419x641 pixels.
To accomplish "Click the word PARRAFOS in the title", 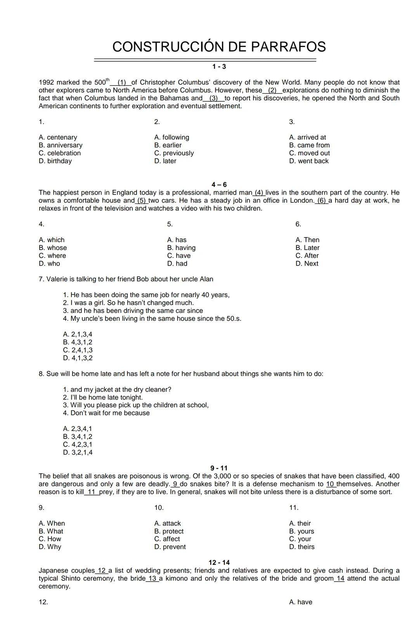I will click(x=288, y=47).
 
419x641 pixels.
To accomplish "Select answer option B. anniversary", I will click(x=61, y=145).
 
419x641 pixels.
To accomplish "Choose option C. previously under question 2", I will click(x=174, y=153).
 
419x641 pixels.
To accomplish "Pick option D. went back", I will click(x=308, y=161).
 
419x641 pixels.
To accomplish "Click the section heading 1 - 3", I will click(x=219, y=67).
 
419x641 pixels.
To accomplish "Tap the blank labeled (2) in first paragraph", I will click(x=272, y=90).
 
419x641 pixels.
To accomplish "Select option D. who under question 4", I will click(x=49, y=264).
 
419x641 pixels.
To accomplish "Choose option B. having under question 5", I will click(x=181, y=248).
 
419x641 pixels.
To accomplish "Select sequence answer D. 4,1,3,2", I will click(x=78, y=358).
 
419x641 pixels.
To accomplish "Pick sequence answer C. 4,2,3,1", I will click(x=78, y=445).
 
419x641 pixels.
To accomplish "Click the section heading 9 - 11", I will click(x=219, y=468).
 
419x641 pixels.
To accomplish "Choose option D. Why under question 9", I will click(x=50, y=547).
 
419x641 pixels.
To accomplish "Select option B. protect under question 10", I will click(x=169, y=532).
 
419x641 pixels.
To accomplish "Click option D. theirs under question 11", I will click(x=301, y=547).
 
